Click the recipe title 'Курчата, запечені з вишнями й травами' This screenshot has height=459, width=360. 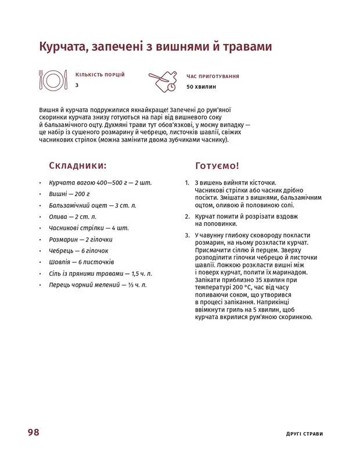[155, 46]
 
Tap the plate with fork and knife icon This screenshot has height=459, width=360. [52, 79]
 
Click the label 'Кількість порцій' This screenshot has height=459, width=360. [100, 75]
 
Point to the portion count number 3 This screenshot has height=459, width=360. [77, 85]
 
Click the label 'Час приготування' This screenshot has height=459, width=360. [213, 76]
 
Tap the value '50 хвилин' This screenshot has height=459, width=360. [201, 87]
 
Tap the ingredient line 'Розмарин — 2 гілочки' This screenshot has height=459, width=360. [81, 239]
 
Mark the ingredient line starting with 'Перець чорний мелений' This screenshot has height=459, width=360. [98, 285]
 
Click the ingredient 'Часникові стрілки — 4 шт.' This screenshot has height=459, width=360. [89, 228]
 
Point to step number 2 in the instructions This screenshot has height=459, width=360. [187, 216]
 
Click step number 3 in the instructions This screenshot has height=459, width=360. [187, 235]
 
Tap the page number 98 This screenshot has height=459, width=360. [33, 432]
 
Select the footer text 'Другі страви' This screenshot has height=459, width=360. [304, 433]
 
